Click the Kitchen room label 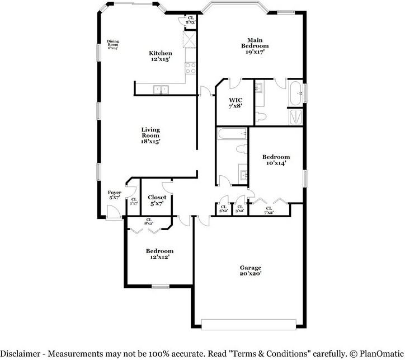coord(160,56)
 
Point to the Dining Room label coord(113,44)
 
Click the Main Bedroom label coord(255,45)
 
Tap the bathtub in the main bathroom coord(295,93)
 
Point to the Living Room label coord(150,135)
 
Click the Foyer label coord(114,195)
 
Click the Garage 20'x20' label coord(250,271)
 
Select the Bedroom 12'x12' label coord(159,254)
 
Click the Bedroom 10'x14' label coord(276,160)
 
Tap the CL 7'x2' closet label coord(269,211)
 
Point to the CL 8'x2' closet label coord(149,222)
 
